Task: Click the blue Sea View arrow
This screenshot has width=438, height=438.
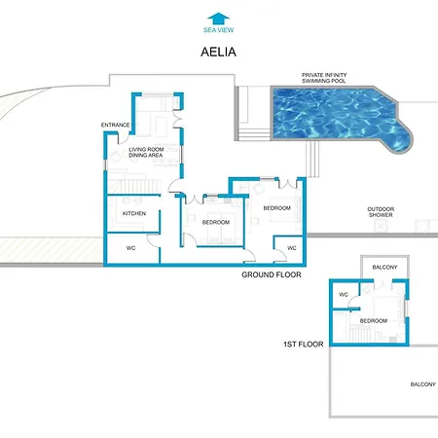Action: tap(218, 18)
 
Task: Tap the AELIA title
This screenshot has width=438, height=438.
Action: tap(218, 52)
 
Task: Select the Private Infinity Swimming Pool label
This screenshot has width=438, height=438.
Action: tap(324, 78)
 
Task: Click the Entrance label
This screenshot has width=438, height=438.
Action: tap(115, 125)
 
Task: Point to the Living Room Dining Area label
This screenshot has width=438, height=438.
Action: tap(146, 152)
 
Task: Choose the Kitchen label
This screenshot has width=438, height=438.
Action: tap(134, 213)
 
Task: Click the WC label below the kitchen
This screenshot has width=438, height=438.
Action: tap(130, 248)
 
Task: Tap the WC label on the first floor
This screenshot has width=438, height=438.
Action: tap(344, 295)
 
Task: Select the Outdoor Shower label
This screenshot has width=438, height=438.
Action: tap(381, 212)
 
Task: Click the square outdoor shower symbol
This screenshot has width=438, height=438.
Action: tap(381, 226)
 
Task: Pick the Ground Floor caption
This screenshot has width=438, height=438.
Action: tap(272, 274)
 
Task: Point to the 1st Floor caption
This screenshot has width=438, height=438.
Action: tap(304, 345)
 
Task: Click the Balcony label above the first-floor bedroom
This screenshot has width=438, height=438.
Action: tap(384, 268)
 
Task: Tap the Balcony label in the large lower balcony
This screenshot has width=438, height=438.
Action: tap(423, 384)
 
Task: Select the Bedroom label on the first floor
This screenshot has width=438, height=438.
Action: tap(374, 321)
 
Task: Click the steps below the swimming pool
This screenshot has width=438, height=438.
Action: tap(312, 159)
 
